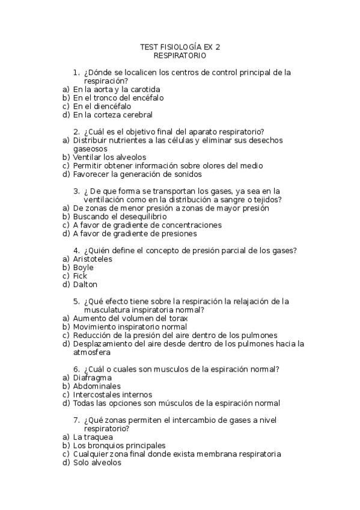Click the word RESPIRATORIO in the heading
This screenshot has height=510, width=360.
(180, 55)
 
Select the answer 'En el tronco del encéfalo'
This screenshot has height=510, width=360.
(118, 97)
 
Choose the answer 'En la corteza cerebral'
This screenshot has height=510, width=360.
(113, 114)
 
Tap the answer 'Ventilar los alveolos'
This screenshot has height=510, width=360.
(109, 157)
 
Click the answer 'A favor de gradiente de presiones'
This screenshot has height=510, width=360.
(135, 233)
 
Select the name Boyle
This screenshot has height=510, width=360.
(83, 268)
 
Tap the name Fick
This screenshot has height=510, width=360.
(80, 276)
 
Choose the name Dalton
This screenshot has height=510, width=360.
(85, 284)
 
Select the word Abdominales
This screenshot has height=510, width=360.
(97, 386)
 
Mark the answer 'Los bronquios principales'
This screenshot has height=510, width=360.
(119, 446)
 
